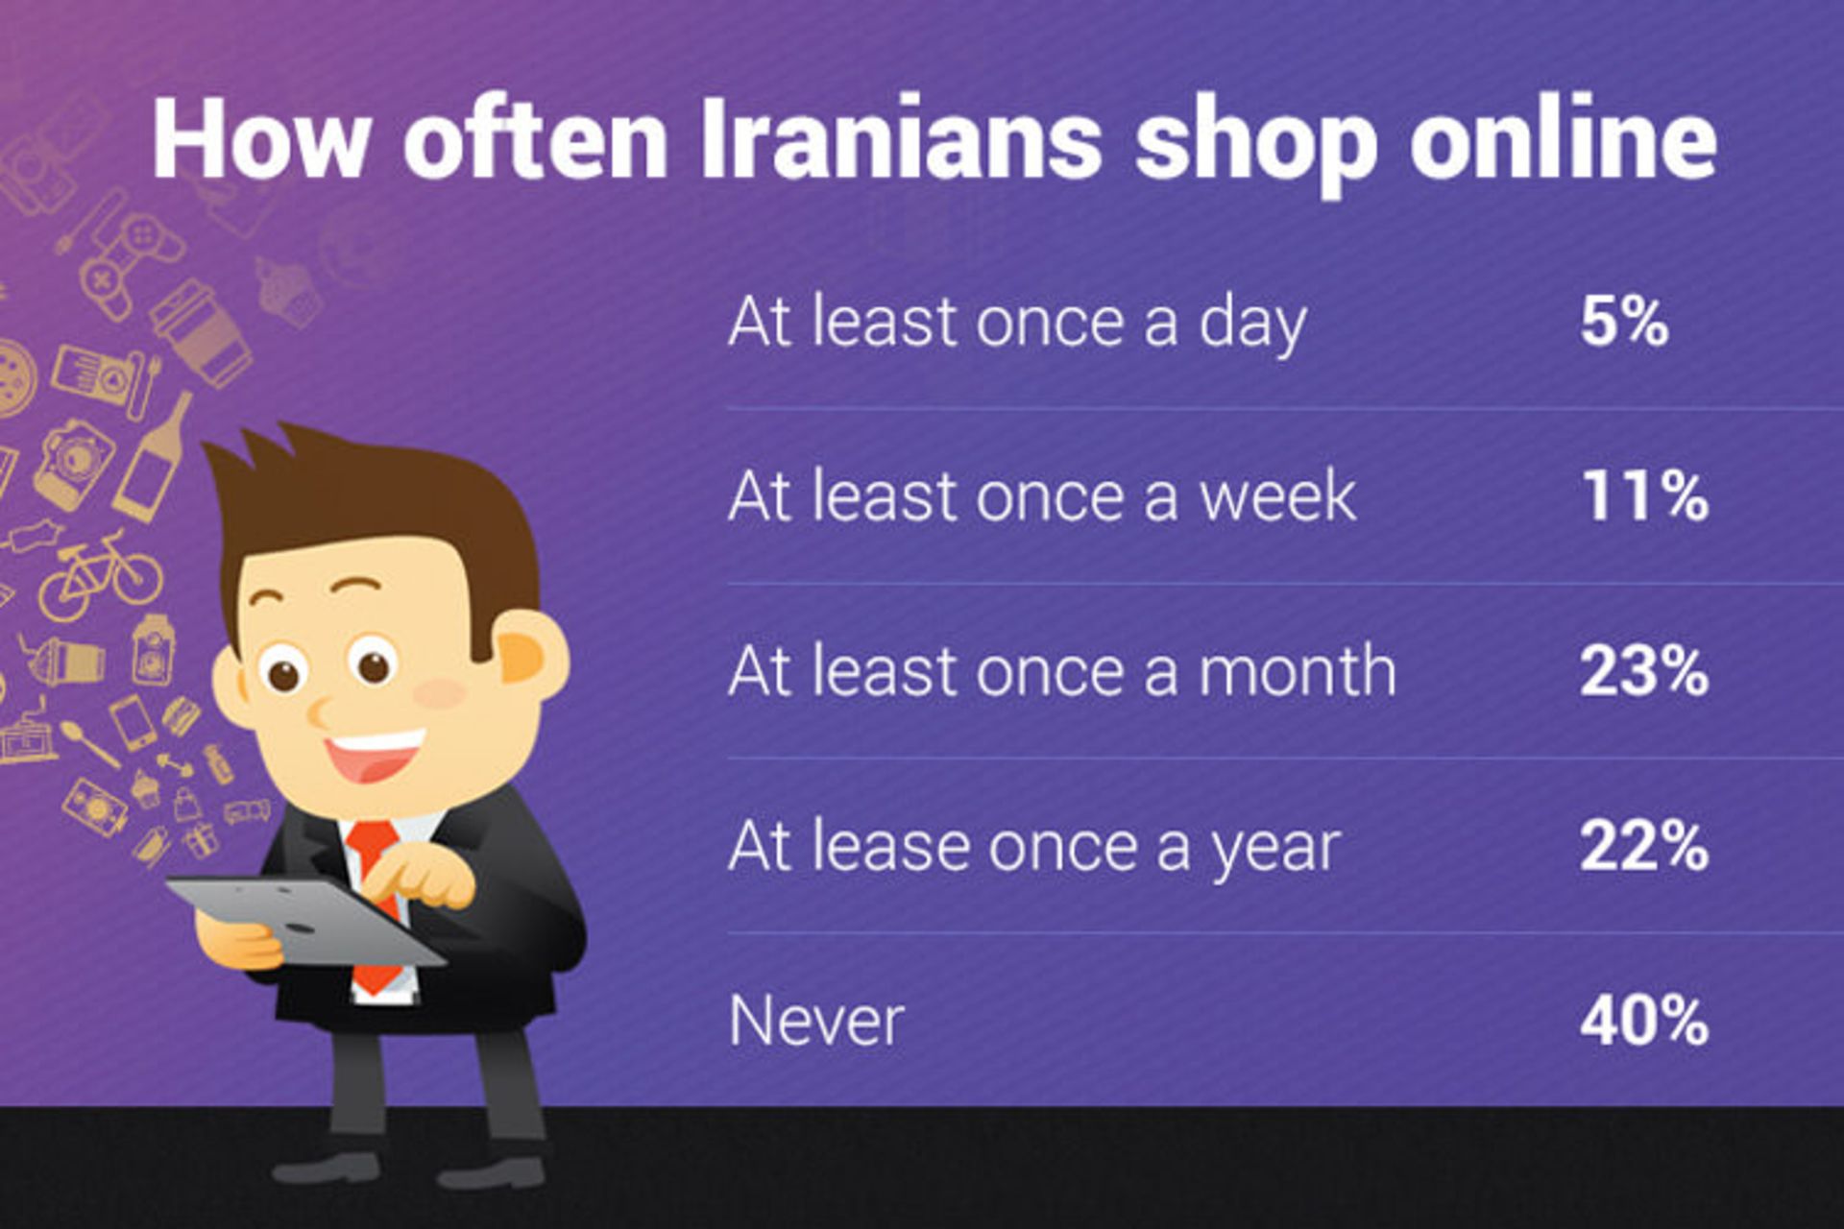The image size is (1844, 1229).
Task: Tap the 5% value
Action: (1624, 323)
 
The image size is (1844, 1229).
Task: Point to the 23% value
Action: (1644, 671)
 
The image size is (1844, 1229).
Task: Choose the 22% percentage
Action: (1644, 846)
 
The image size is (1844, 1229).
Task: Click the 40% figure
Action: (1644, 1021)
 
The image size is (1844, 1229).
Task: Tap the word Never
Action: (816, 1021)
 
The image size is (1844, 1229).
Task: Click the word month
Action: (1297, 671)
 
